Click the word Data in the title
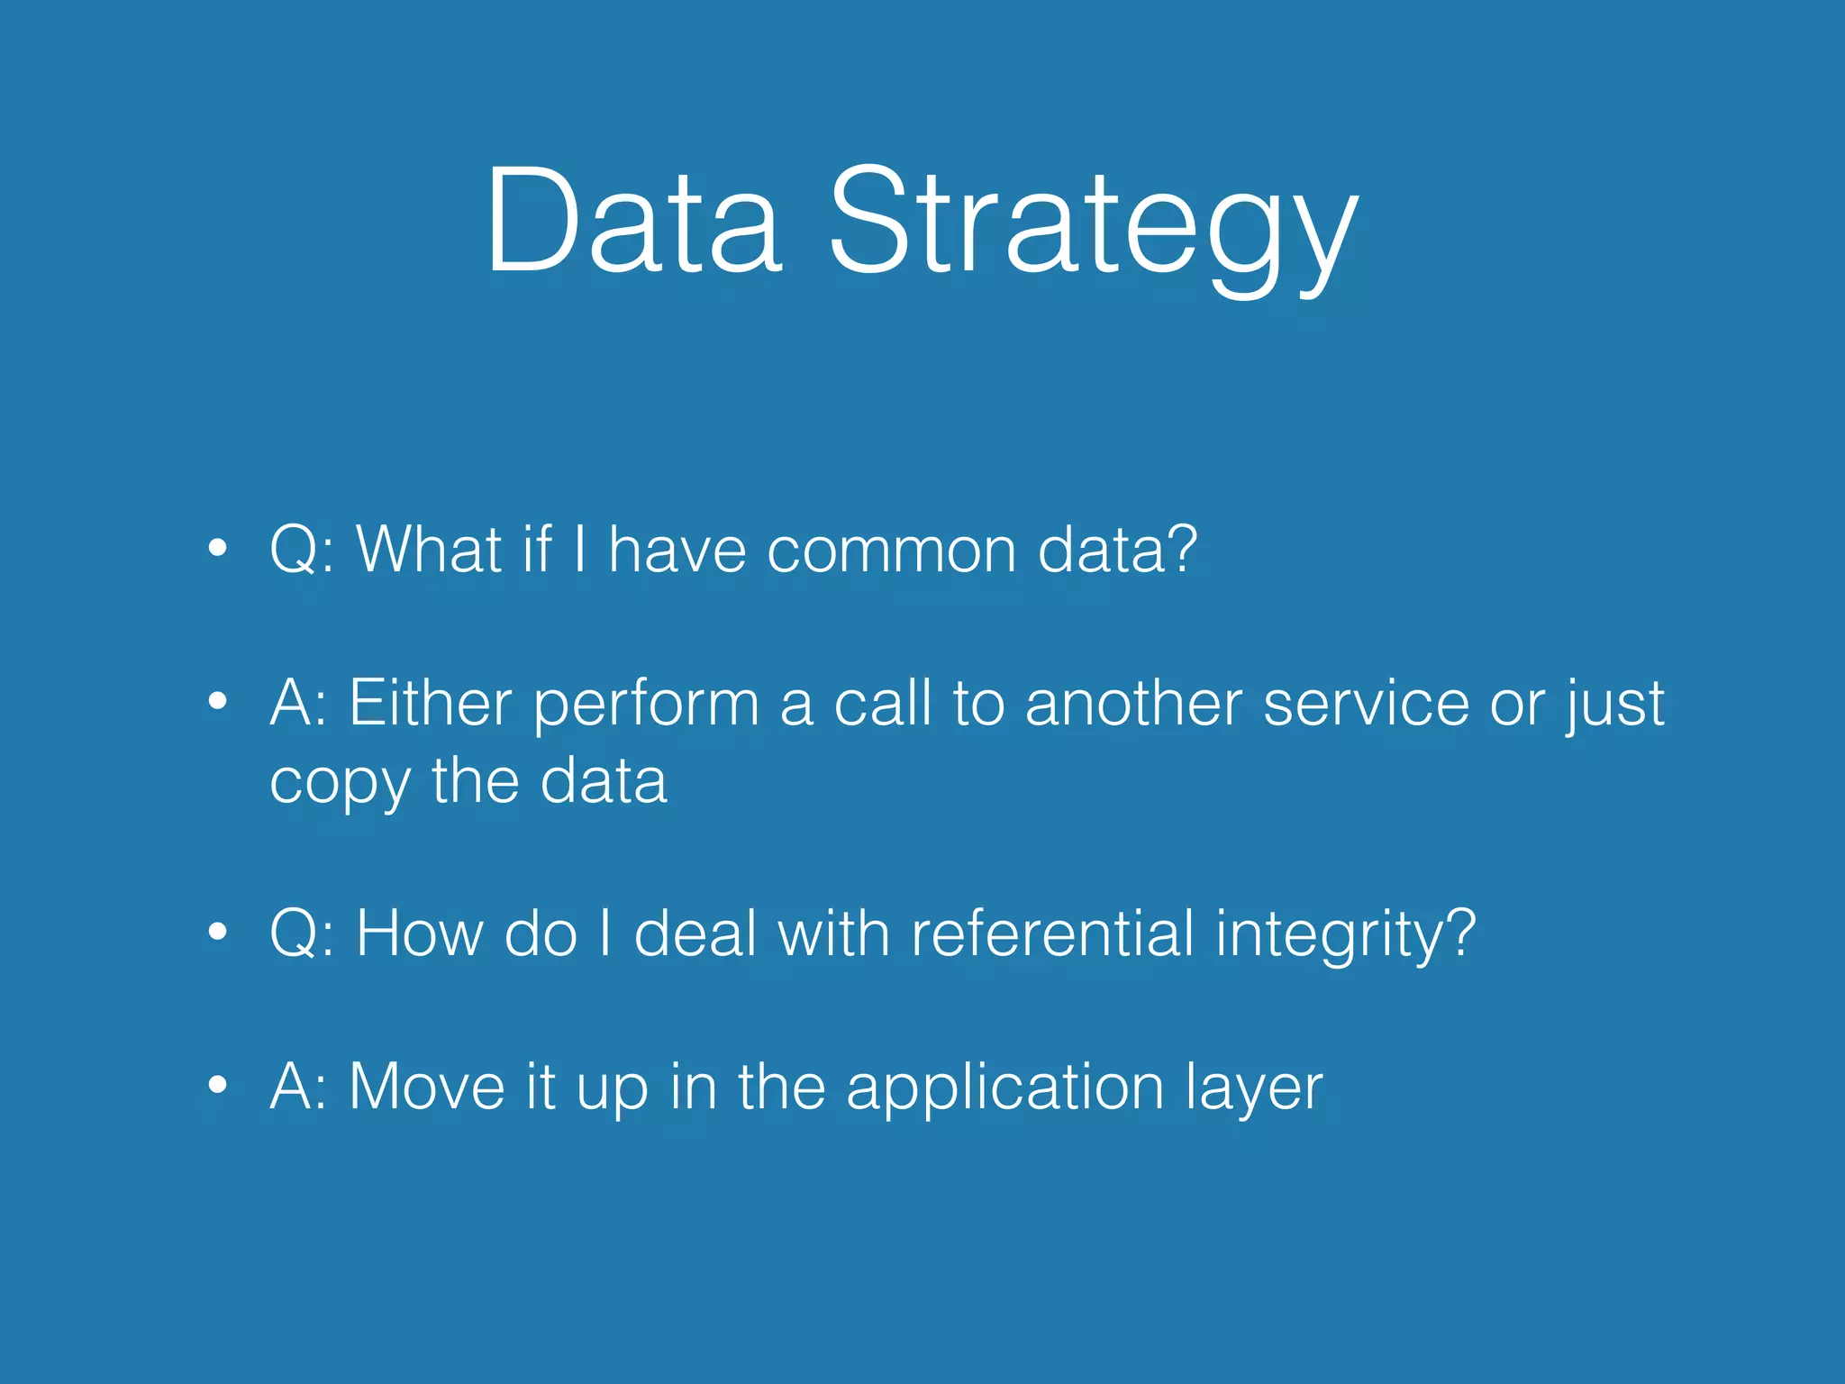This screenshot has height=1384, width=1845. coord(633,221)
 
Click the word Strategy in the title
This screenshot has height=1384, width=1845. coord(1092,225)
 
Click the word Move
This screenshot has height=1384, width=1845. coord(426,1087)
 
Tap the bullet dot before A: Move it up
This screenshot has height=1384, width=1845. coord(217,1086)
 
